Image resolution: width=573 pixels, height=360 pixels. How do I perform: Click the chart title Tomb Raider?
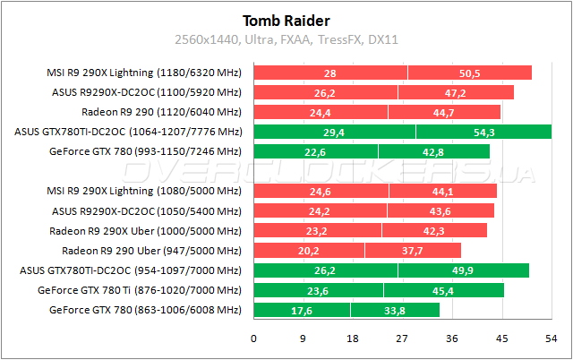pyautogui.click(x=286, y=21)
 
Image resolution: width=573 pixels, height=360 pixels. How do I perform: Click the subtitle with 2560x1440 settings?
pyautogui.click(x=286, y=39)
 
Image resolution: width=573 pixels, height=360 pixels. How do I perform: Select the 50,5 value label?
pyautogui.click(x=470, y=73)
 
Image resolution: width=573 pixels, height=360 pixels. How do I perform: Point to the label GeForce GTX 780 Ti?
pyautogui.click(x=140, y=290)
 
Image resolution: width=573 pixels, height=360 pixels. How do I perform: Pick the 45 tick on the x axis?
pyautogui.click(x=501, y=339)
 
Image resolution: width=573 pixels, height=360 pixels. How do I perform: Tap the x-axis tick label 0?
pyautogui.click(x=253, y=339)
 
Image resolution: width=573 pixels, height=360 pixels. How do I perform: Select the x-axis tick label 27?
pyautogui.click(x=402, y=339)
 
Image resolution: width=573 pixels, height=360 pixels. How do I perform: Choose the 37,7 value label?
pyautogui.click(x=413, y=251)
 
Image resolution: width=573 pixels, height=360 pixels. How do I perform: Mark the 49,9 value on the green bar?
pyautogui.click(x=463, y=270)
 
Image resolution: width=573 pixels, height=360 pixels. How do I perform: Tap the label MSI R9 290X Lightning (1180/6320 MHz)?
pyautogui.click(x=143, y=73)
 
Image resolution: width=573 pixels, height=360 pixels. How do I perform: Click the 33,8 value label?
pyautogui.click(x=394, y=310)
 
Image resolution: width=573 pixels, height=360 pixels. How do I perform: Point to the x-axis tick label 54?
pyautogui.click(x=551, y=339)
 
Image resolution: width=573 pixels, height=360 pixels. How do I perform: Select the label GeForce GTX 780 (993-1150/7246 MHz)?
pyautogui.click(x=145, y=152)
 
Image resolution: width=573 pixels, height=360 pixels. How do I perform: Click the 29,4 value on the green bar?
pyautogui.click(x=335, y=133)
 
